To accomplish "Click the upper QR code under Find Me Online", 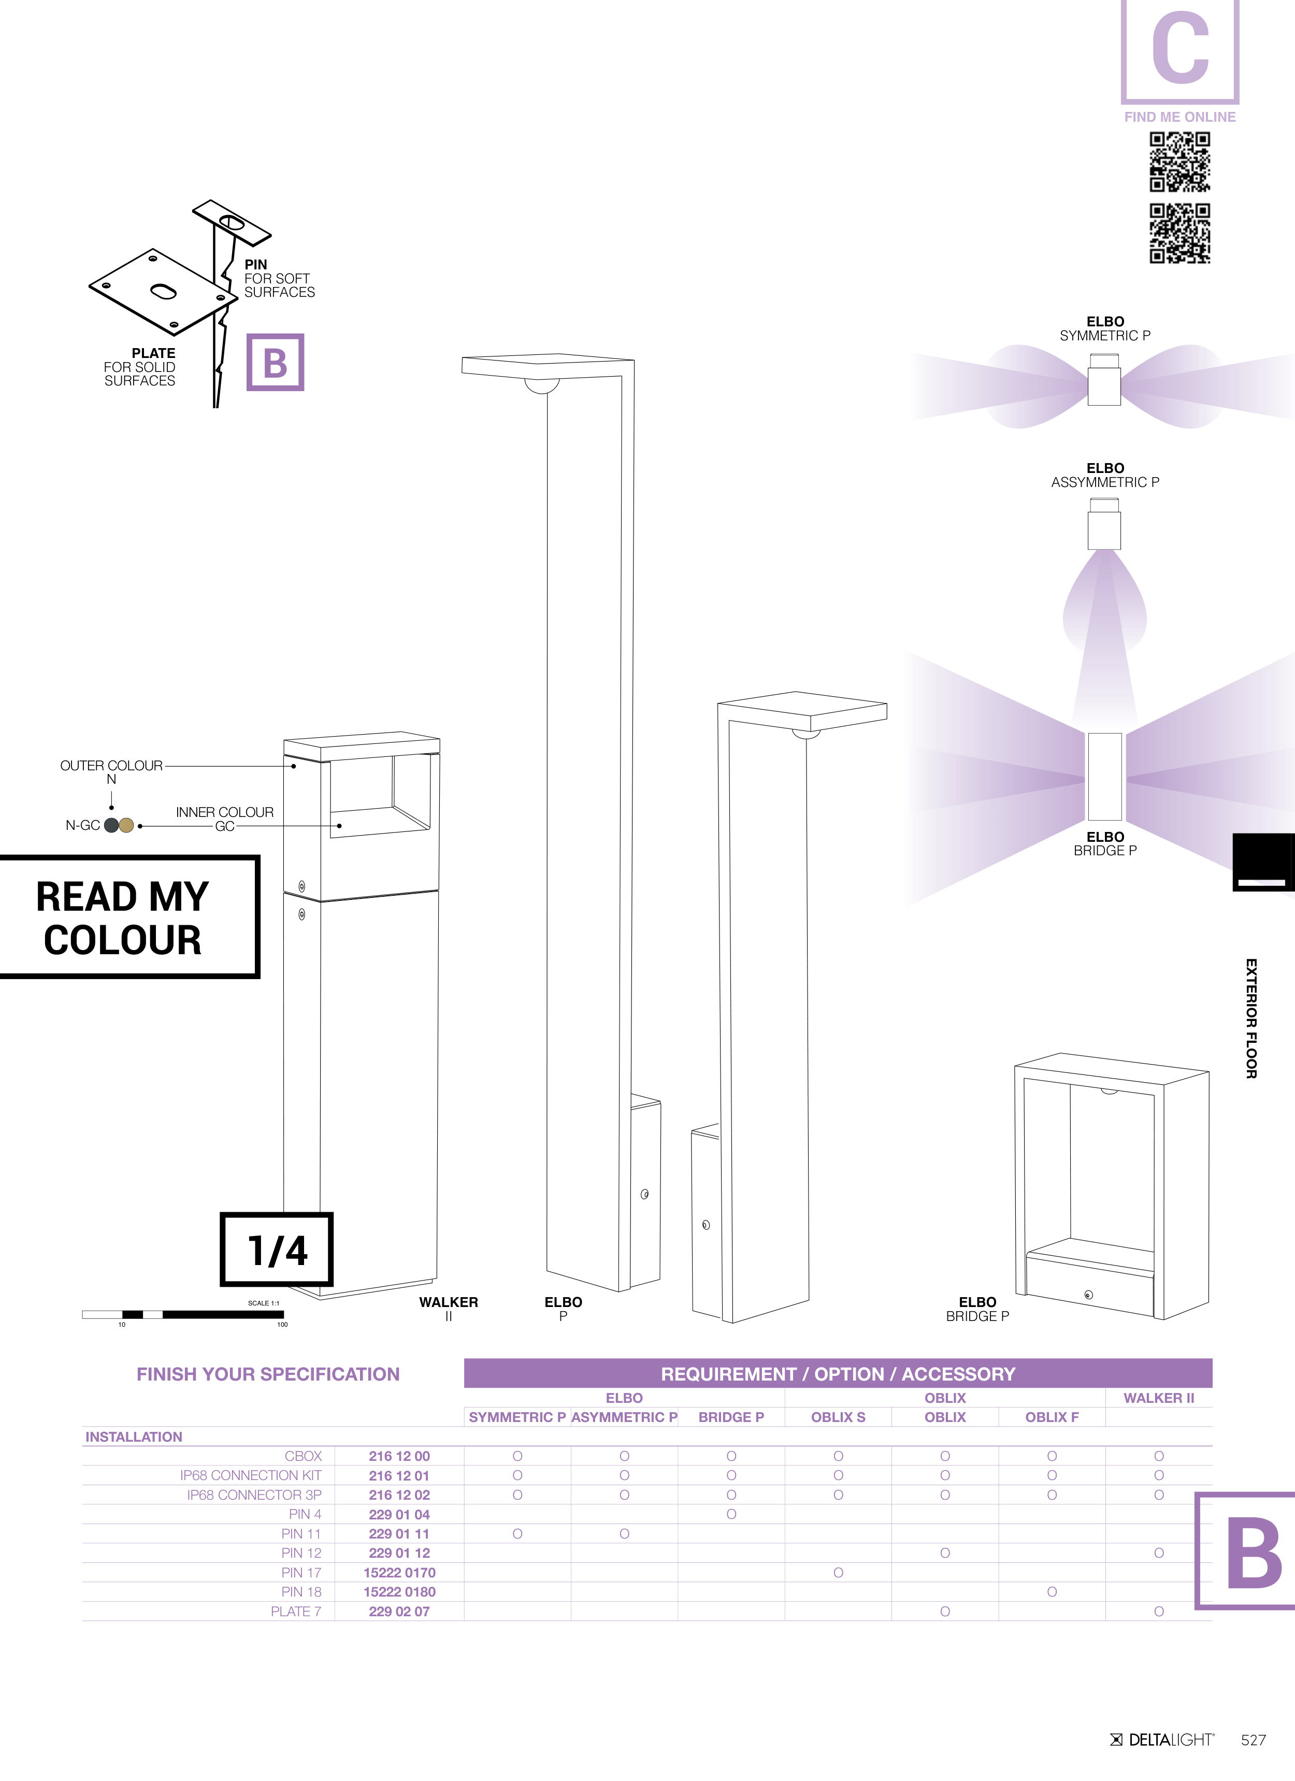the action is (1179, 162).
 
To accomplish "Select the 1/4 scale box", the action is (277, 1249).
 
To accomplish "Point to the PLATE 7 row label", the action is (296, 1612).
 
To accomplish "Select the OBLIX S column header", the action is (838, 1417).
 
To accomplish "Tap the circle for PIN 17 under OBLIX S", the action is (838, 1573).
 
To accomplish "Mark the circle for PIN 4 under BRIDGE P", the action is (731, 1514).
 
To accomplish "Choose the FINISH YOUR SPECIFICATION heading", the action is (268, 1374).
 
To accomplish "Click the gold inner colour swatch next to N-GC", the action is (126, 825).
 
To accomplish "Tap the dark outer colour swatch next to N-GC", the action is (111, 825).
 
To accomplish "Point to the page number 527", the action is (1254, 1740).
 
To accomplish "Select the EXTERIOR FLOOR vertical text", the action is (1251, 1018).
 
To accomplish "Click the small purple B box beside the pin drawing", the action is (275, 362).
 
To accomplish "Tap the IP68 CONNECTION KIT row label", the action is (251, 1475).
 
